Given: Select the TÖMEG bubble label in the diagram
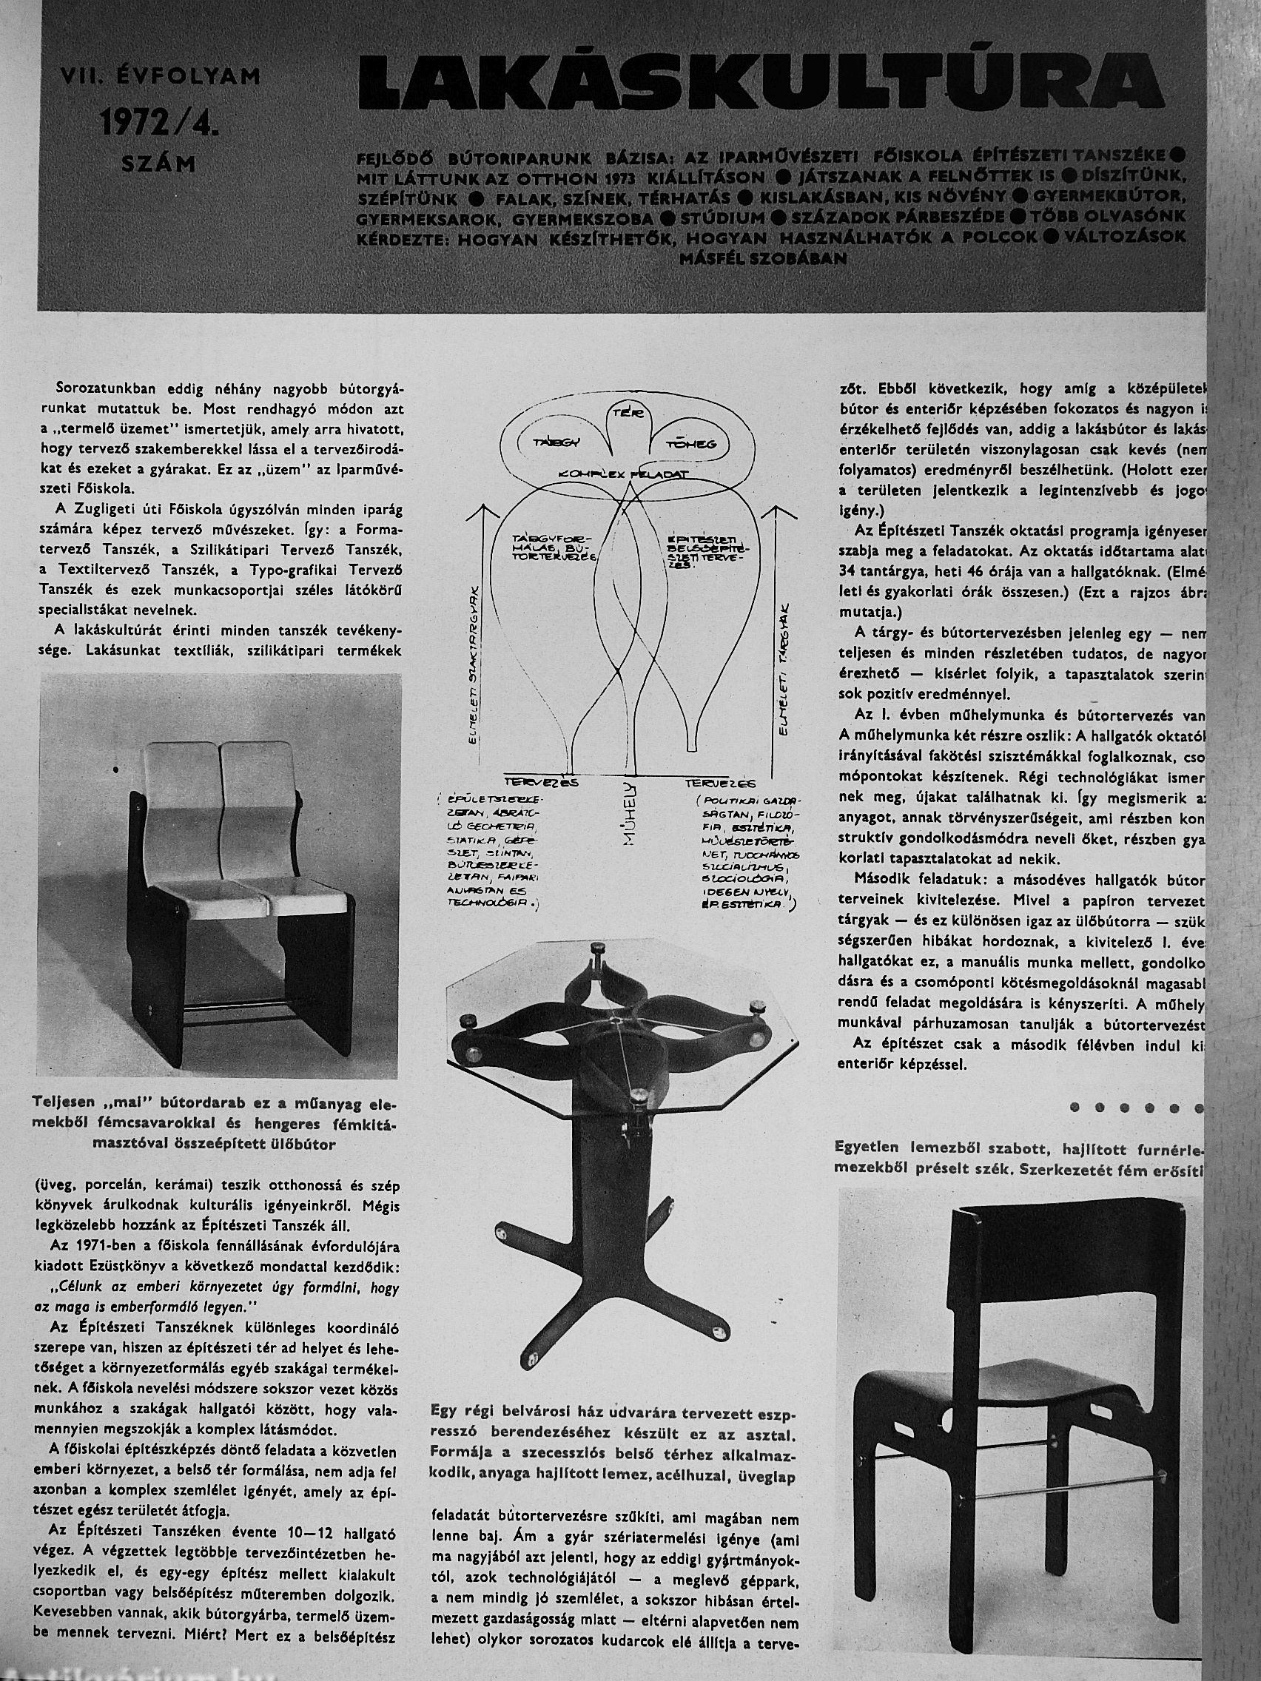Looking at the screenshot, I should (697, 444).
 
